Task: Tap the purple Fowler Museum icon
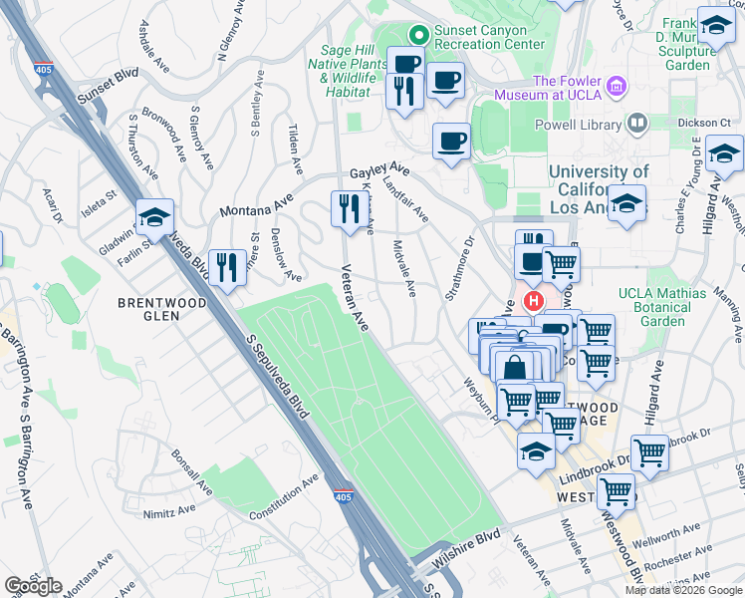(618, 88)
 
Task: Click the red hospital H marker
(533, 300)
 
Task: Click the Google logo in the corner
(33, 586)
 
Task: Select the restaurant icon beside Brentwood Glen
(227, 267)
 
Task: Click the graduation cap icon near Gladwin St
(154, 217)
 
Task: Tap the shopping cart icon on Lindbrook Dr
(649, 453)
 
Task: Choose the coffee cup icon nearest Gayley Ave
(451, 141)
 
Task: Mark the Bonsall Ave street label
(191, 472)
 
